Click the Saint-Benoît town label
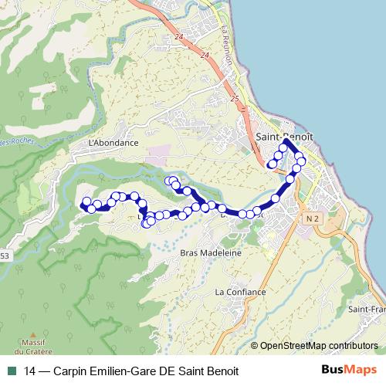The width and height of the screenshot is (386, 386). click(284, 135)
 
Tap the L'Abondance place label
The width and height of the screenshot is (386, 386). click(113, 143)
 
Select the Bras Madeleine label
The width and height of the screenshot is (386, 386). click(211, 252)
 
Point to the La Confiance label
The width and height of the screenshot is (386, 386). click(241, 292)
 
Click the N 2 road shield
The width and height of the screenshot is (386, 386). click(312, 220)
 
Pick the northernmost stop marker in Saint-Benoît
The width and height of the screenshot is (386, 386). click(285, 144)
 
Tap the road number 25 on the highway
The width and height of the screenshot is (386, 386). click(234, 98)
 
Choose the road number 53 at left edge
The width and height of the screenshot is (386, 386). click(5, 256)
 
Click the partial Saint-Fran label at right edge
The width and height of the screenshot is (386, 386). click(367, 310)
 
